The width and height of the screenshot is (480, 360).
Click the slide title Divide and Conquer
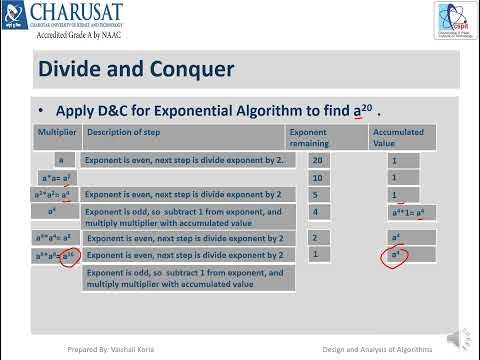(136, 69)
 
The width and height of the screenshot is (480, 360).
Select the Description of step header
(134, 132)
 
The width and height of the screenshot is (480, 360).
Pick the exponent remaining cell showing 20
(318, 160)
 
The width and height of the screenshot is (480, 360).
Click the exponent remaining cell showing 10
(318, 177)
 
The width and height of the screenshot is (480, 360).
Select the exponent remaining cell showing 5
(318, 194)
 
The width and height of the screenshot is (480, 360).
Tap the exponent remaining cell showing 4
(318, 212)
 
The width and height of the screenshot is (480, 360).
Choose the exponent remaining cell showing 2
(318, 238)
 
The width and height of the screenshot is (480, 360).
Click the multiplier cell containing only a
(61, 160)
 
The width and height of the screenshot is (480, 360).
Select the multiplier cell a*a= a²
(59, 178)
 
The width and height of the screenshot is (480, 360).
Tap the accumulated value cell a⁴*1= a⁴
(409, 212)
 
